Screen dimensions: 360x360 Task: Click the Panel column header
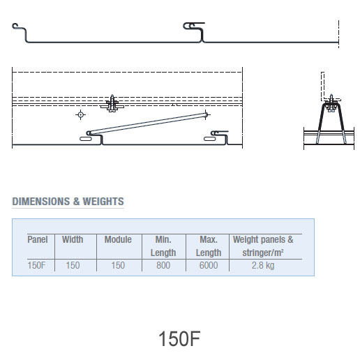point(38,239)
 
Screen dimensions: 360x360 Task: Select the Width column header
point(73,239)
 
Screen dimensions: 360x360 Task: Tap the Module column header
point(118,239)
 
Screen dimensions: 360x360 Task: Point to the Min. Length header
point(163,246)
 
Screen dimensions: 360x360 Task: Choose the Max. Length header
point(209,246)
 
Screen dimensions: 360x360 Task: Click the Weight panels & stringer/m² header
point(263,246)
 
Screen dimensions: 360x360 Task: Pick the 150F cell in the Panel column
point(36,265)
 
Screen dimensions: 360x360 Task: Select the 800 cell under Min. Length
point(163,265)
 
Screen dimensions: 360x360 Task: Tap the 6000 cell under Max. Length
point(209,265)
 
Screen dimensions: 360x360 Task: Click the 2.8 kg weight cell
point(263,265)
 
